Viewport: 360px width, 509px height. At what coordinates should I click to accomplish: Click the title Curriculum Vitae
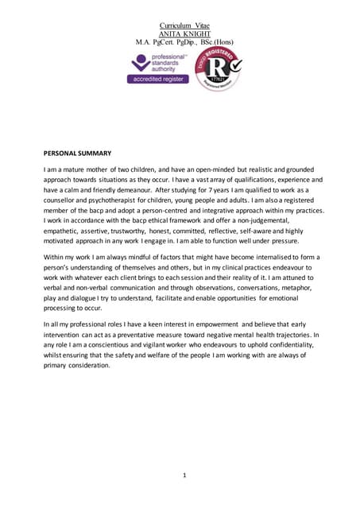coord(179,26)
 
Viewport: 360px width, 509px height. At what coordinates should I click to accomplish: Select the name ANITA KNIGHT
coord(179,33)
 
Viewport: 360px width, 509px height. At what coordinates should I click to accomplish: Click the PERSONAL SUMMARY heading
coord(77,153)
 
